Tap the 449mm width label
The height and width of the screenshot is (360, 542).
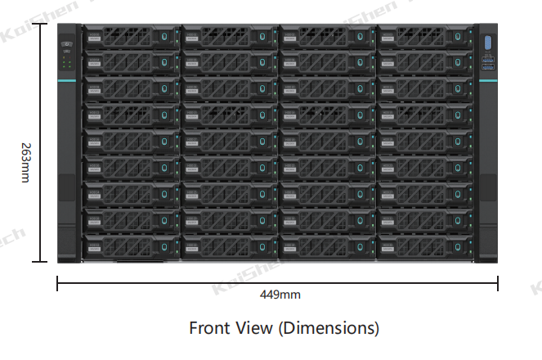point(280,294)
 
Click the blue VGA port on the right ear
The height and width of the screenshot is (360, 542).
point(488,43)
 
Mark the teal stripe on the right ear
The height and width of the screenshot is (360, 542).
point(488,79)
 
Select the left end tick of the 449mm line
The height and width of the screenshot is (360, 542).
point(57,283)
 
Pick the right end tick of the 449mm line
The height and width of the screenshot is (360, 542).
point(498,283)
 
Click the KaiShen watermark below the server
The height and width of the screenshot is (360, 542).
point(237,284)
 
